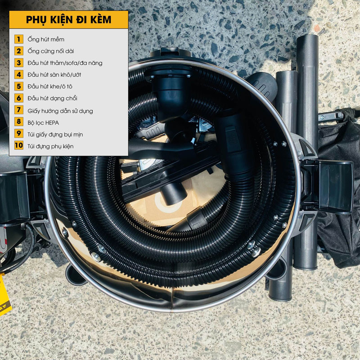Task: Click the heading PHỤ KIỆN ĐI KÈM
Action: (x=68, y=20)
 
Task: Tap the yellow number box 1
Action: (x=19, y=39)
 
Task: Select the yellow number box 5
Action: (x=19, y=86)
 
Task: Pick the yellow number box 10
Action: (x=19, y=145)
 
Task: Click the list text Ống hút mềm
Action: (x=46, y=39)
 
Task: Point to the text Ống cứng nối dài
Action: (x=51, y=51)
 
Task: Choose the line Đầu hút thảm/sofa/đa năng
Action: (x=65, y=63)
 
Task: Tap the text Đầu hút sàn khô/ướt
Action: (x=54, y=75)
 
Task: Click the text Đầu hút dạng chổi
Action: (x=52, y=98)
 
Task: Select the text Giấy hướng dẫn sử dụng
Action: (x=60, y=111)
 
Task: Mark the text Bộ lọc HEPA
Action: (x=43, y=123)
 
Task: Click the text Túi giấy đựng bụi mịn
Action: (x=55, y=135)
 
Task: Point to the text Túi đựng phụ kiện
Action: (x=50, y=146)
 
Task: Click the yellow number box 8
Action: (x=19, y=121)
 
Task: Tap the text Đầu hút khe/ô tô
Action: (x=50, y=86)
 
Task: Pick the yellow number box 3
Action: (x=19, y=63)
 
